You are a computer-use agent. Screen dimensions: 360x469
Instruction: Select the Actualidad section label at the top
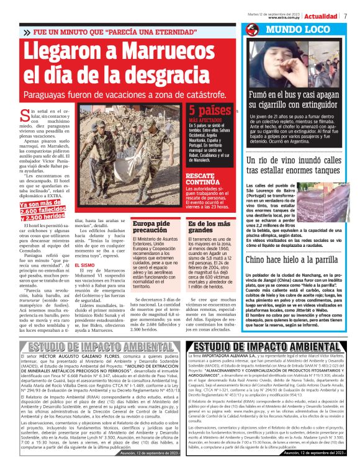point(321,16)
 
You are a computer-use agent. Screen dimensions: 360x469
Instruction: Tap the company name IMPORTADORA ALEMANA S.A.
point(231,373)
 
